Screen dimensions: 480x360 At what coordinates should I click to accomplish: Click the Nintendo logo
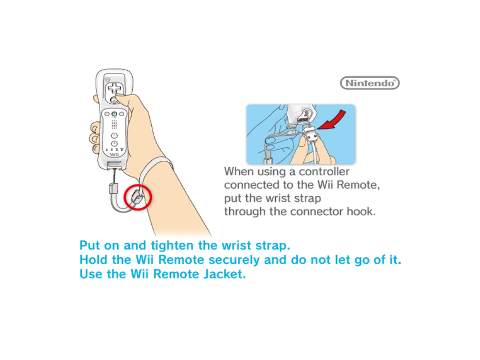point(370,83)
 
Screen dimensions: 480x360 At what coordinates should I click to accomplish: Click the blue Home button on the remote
point(114,114)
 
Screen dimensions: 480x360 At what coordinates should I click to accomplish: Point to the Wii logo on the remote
point(114,155)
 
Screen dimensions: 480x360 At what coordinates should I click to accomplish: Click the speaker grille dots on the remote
point(114,124)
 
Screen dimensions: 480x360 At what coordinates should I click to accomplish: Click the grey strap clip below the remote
point(113,188)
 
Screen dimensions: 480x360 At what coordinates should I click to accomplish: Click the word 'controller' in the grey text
point(324,172)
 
